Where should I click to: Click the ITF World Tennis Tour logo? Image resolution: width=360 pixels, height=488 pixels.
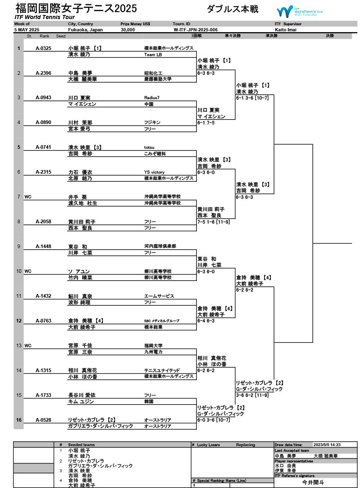(300, 11)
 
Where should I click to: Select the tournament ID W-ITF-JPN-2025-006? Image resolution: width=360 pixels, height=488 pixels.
(195, 30)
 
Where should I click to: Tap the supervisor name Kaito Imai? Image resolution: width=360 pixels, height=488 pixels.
(286, 30)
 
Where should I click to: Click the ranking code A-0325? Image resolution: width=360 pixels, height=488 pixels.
(44, 48)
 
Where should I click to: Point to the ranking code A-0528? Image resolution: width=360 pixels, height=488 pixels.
(44, 420)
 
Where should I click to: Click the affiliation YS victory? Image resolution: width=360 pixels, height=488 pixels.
(155, 172)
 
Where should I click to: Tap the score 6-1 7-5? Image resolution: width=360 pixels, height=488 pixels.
(206, 122)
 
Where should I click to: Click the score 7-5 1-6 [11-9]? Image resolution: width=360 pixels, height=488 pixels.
(214, 222)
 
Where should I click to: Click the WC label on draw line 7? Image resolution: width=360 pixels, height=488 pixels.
(28, 197)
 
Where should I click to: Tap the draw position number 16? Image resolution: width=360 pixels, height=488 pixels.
(19, 420)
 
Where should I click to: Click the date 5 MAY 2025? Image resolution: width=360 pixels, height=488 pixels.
(27, 30)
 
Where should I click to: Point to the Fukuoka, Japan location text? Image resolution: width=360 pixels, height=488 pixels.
(85, 30)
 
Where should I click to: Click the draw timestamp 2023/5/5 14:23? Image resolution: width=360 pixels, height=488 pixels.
(327, 445)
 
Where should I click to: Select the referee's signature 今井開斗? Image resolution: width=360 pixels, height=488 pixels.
(313, 482)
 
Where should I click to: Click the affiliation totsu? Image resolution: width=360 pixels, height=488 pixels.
(150, 147)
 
